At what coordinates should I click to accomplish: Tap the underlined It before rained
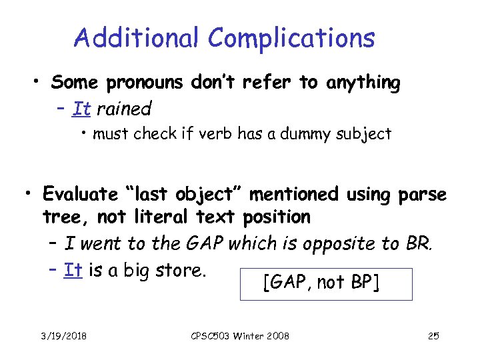pyautogui.click(x=81, y=107)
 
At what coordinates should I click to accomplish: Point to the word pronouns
pyautogui.click(x=148, y=83)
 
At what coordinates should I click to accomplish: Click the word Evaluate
pyautogui.click(x=79, y=194)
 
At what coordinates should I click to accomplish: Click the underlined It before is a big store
pyautogui.click(x=73, y=270)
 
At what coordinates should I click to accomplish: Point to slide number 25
pyautogui.click(x=433, y=335)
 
